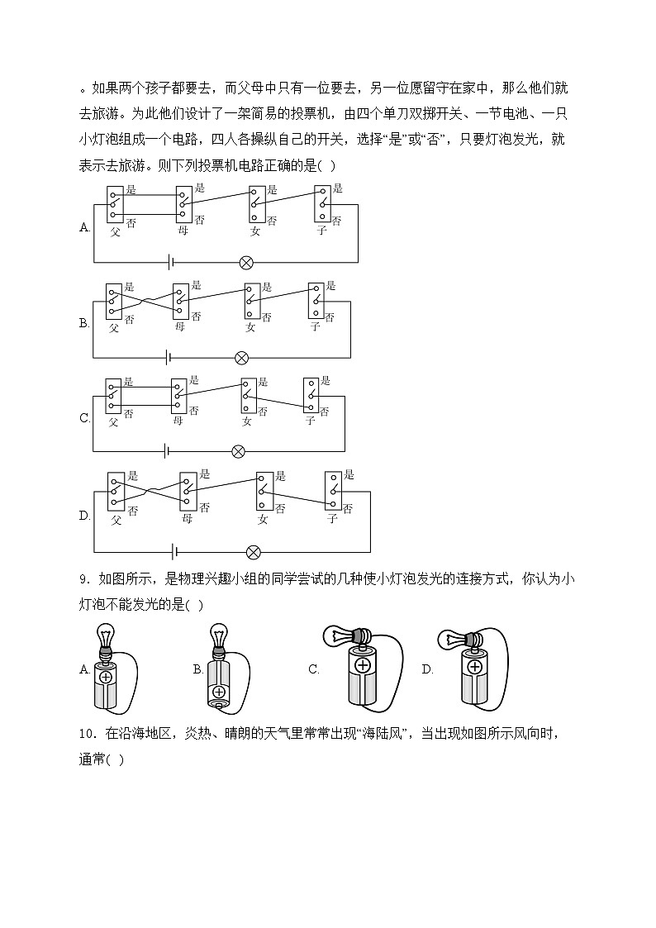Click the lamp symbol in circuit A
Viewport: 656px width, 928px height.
[x=245, y=263]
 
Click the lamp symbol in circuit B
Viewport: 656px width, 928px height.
[x=241, y=358]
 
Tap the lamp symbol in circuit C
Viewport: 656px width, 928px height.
[x=238, y=451]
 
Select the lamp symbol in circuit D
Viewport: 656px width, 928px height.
[x=254, y=552]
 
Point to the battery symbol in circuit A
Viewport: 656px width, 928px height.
[x=171, y=263]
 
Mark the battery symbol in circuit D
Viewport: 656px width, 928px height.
[x=174, y=552]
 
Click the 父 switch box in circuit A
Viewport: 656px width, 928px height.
[x=115, y=203]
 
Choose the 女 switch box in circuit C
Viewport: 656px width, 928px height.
[x=248, y=395]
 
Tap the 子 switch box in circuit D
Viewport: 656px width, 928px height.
[x=332, y=492]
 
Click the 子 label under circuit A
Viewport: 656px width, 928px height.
[x=321, y=231]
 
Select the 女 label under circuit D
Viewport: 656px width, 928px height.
[x=263, y=519]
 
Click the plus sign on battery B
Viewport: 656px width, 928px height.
[x=219, y=692]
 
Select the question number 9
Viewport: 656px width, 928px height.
[x=83, y=578]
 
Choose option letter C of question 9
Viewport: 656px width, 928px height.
[x=314, y=669]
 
